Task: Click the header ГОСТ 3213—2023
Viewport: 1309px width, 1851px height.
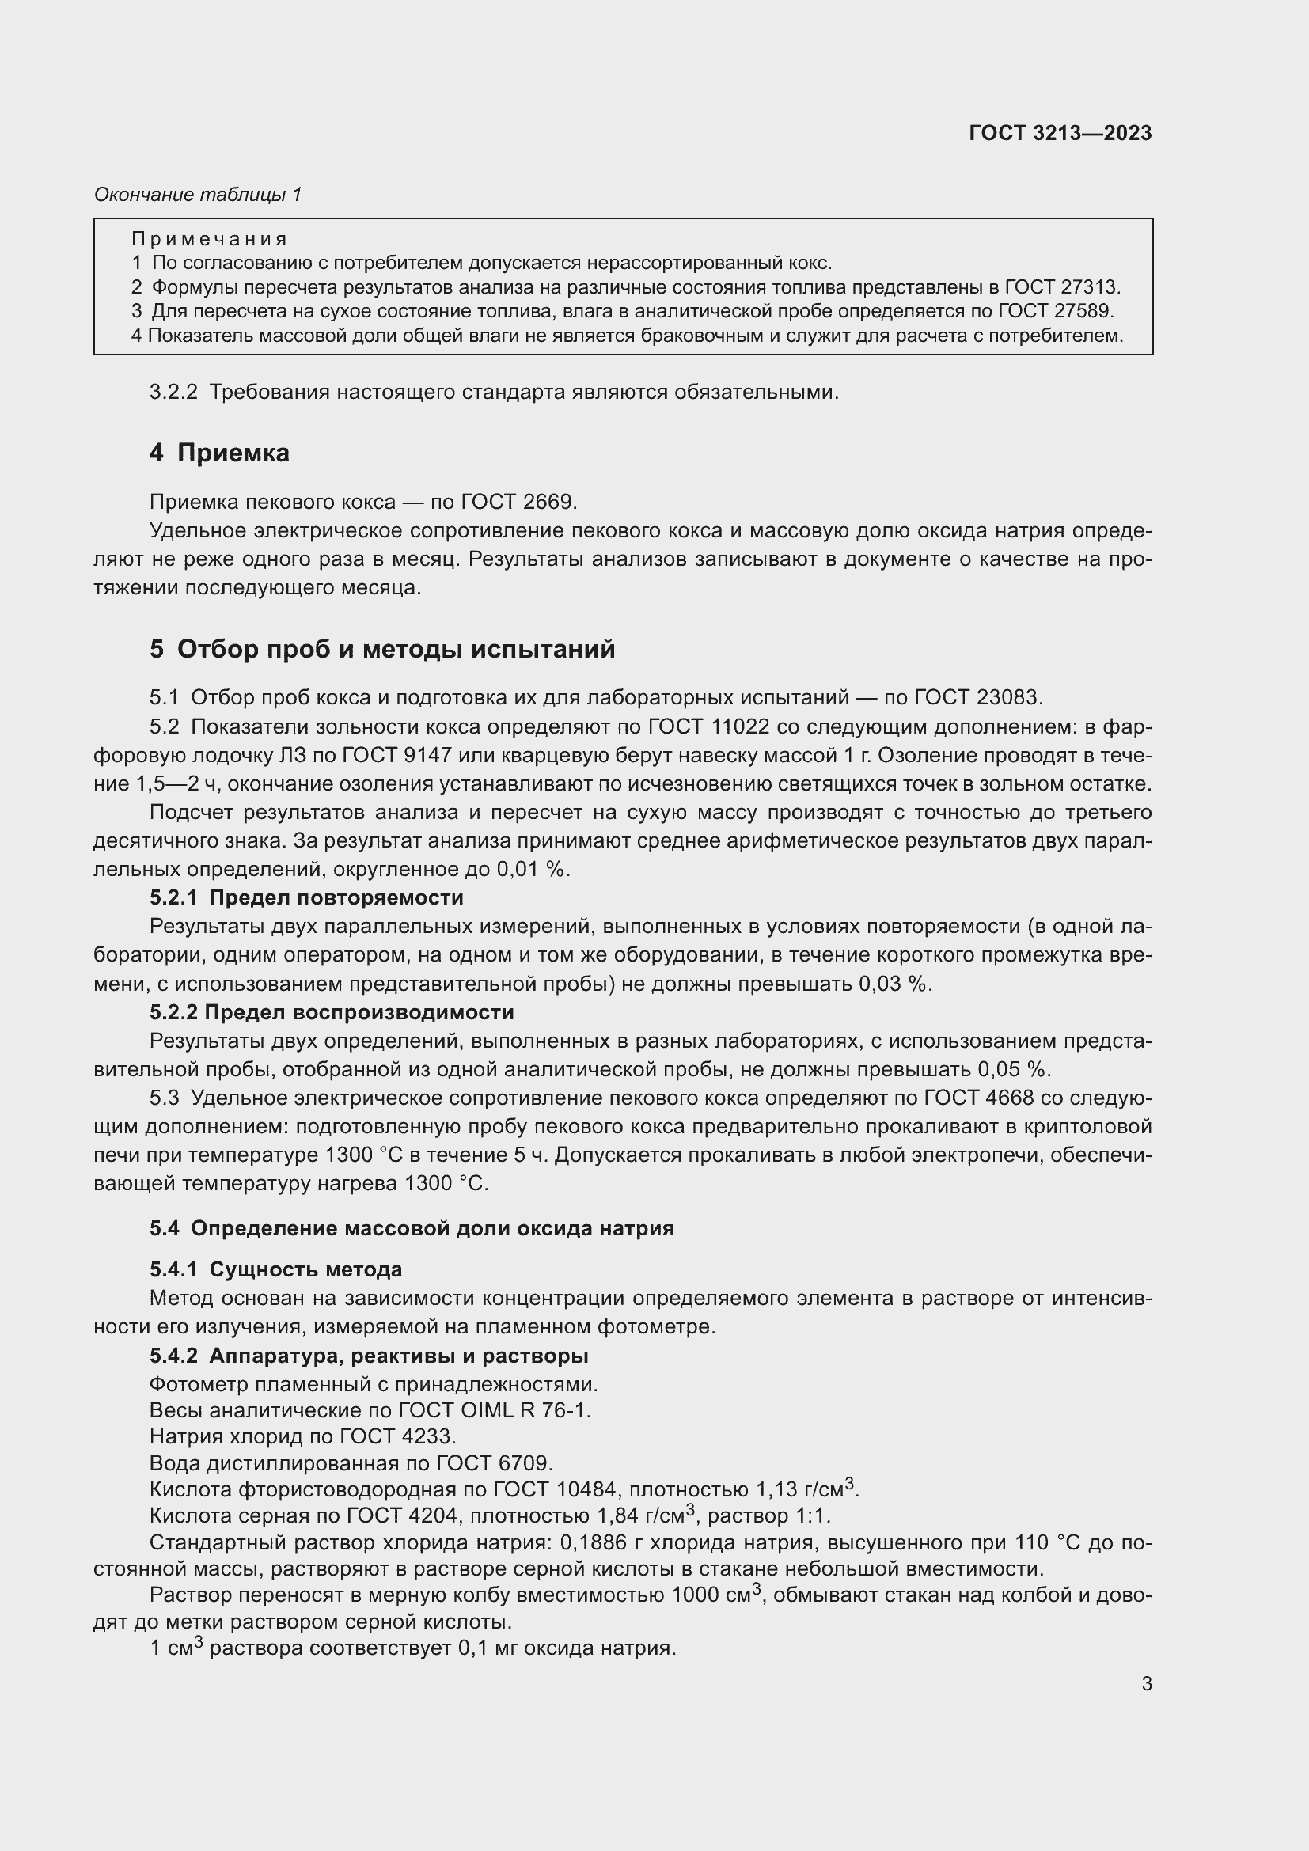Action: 1060,134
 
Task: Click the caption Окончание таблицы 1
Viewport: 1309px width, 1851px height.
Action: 198,195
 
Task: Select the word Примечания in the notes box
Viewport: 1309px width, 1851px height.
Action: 210,239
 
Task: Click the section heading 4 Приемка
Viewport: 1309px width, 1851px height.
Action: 219,453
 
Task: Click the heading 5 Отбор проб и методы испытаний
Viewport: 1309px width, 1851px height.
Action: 382,649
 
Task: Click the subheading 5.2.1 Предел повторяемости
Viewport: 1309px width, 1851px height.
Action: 306,897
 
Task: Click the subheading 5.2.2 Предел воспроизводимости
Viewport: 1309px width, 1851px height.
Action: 332,1012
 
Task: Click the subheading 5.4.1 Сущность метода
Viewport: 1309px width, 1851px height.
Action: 275,1269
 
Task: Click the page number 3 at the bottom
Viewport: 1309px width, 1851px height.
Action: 1146,1683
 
